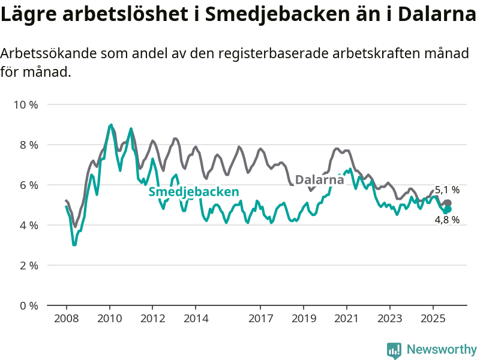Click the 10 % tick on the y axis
click(26, 105)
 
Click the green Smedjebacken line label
click(194, 192)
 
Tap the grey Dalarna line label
click(320, 179)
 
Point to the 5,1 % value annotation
click(447, 190)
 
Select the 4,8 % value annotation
click(447, 220)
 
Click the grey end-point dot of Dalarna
click(448, 203)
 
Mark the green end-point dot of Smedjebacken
click(447, 209)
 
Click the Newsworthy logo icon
click(394, 350)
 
